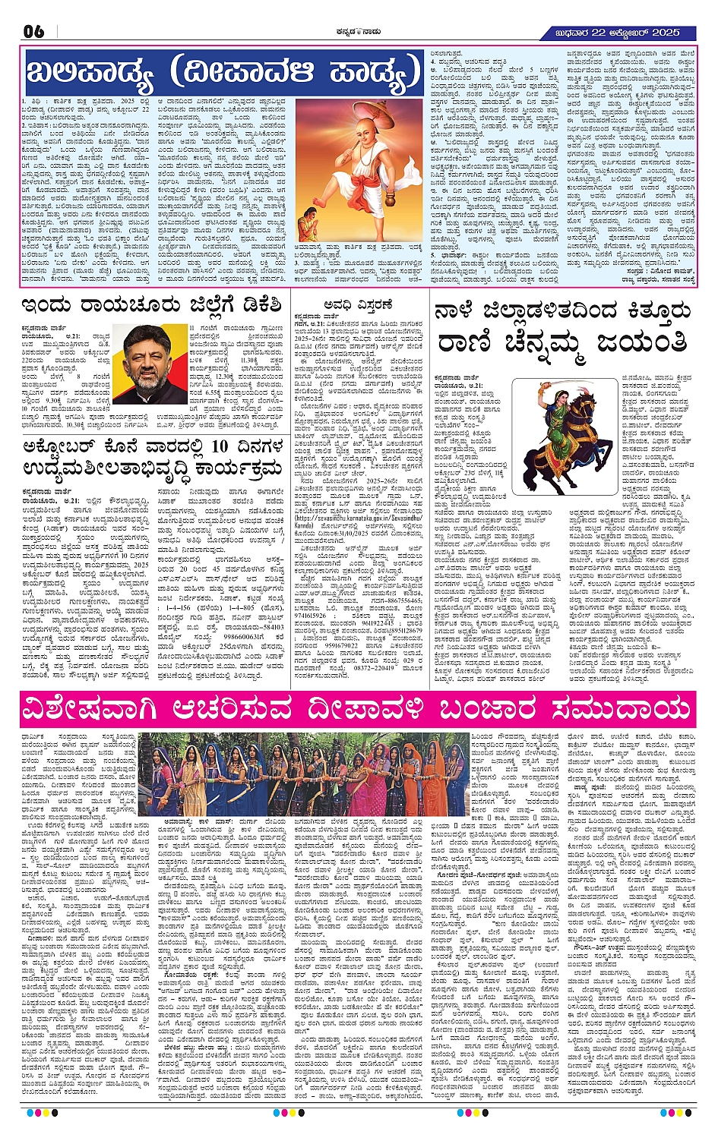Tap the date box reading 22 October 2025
click(620, 32)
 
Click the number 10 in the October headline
click(219, 446)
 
